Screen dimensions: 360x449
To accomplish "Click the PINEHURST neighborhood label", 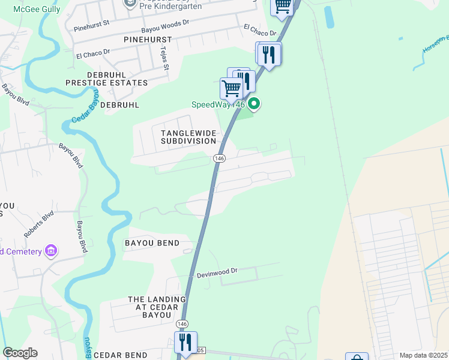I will [147, 39].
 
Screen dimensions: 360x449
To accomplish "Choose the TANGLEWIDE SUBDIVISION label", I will [188, 136].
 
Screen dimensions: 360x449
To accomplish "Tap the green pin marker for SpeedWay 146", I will [254, 104].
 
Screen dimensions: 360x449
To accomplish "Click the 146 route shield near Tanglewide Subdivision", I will [218, 158].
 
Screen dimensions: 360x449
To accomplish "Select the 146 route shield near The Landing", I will [182, 324].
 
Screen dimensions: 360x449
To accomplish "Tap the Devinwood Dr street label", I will [217, 272].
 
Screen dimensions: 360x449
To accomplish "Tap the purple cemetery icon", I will [51, 250].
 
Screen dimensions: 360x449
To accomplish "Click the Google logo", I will [20, 353].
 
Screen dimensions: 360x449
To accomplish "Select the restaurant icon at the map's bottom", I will [185, 342].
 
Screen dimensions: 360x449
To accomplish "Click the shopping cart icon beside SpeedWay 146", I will [231, 88].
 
